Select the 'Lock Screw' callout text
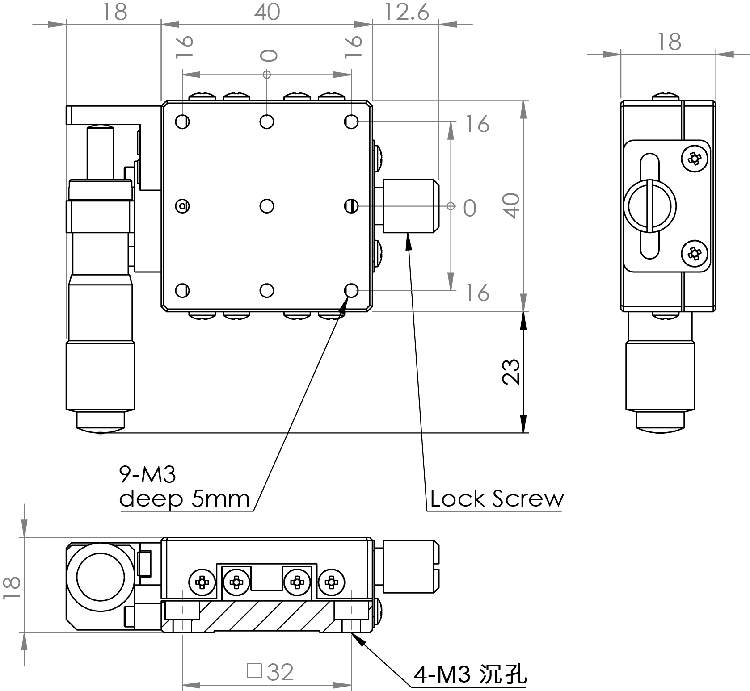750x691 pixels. coord(497,498)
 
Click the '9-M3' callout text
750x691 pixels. coord(147,475)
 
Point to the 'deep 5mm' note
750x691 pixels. coord(184,498)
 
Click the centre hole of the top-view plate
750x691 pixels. coord(267,206)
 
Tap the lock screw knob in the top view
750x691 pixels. coord(410,206)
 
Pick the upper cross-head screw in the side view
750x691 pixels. coord(694,158)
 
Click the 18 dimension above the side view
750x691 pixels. coord(669,42)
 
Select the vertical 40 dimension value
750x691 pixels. coord(512,205)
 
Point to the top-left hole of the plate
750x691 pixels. coord(182,121)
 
